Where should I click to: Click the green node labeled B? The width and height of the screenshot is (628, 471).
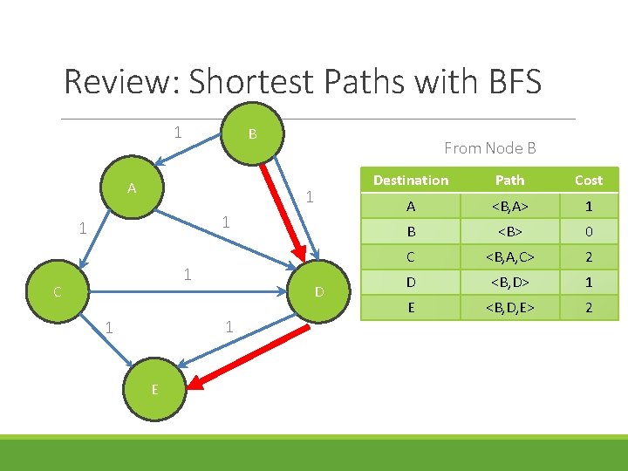pos(252,133)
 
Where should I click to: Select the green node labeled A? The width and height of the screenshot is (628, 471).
pos(132,188)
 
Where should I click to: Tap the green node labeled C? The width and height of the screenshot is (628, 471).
pos(57,292)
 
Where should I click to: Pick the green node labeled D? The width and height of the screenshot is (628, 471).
pos(319,291)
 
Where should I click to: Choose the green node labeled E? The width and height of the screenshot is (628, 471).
pos(154,389)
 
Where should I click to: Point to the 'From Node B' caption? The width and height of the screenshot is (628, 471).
pos(489,148)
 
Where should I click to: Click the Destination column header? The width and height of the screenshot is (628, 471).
pos(410,181)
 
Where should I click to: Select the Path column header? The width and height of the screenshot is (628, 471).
pos(509,181)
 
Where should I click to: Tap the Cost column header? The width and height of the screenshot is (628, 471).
pos(588,181)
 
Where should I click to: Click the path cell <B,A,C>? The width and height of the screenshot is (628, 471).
pos(509,257)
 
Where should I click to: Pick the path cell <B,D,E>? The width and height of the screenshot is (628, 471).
pos(509,307)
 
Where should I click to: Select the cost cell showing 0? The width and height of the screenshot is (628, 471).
pos(588,232)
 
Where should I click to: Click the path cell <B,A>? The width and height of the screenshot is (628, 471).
pos(509,207)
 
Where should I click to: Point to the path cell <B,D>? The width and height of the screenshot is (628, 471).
pos(509,283)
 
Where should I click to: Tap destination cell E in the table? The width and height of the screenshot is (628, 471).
pos(410,307)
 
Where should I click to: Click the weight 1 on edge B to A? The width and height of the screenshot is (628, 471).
pos(178,133)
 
